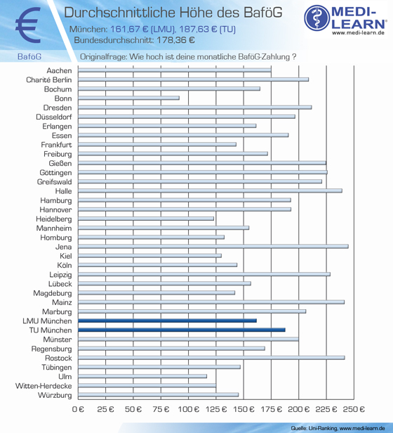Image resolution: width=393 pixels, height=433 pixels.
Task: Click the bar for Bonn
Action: point(128,98)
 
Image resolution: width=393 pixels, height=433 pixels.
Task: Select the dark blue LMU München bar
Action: point(167,321)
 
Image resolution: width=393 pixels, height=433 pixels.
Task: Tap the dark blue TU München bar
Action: point(182,330)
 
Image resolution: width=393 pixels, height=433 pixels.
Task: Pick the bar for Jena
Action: point(213,246)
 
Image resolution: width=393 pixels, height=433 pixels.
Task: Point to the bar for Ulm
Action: point(142,376)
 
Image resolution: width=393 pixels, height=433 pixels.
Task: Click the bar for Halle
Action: point(210,190)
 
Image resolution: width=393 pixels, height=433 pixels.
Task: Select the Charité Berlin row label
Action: point(49,80)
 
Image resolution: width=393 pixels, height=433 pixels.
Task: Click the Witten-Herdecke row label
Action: point(44,386)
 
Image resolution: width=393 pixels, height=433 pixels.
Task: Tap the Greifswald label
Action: point(54,181)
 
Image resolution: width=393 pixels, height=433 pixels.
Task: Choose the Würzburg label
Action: point(55,395)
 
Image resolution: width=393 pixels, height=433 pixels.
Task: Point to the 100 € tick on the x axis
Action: point(188,409)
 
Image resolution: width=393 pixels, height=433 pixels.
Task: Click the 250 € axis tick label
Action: point(354,409)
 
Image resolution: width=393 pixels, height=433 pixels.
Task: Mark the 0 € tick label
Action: point(78,409)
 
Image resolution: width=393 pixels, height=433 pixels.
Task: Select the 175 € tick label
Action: point(271,409)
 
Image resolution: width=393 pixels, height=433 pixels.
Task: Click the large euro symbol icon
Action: point(28,25)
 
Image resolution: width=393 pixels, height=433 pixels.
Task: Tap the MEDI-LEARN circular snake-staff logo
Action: point(317,18)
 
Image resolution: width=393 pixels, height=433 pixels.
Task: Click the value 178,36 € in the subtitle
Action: point(175,40)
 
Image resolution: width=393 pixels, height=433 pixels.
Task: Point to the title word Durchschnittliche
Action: point(119,13)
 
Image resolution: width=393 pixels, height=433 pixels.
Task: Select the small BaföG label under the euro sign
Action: point(29,57)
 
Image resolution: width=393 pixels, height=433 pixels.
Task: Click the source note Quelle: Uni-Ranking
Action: point(314,428)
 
